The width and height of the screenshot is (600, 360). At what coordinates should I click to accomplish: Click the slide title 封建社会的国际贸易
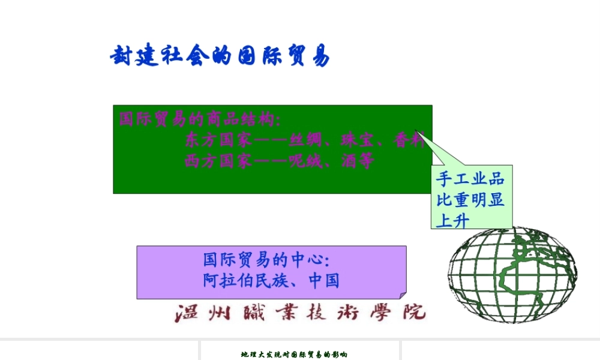(220, 56)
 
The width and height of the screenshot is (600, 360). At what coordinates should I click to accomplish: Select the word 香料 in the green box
(409, 141)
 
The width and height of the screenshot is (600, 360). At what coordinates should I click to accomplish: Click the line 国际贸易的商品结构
(199, 119)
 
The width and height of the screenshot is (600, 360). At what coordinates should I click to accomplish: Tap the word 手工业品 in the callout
(470, 178)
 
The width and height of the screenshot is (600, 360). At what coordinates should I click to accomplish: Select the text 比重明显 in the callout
(470, 199)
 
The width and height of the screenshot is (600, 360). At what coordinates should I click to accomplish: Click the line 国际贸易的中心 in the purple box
(266, 260)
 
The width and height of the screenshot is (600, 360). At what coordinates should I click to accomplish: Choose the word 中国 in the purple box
(324, 280)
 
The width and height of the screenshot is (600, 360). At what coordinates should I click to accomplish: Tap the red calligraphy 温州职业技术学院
(300, 313)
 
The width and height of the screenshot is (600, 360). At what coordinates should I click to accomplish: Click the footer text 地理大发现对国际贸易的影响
(294, 355)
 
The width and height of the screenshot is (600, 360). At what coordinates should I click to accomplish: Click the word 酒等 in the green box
(359, 161)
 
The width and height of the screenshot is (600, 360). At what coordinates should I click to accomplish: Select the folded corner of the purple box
(402, 294)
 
